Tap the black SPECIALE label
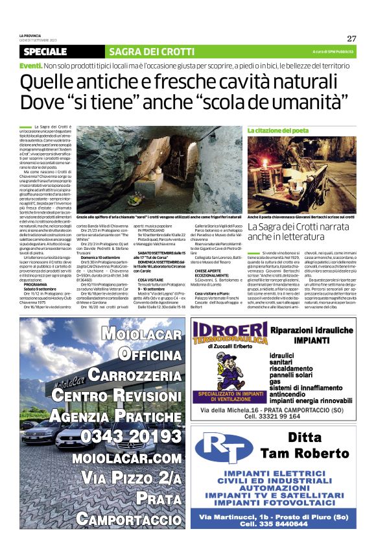(x=45, y=51)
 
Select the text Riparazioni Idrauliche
(x=312, y=330)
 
